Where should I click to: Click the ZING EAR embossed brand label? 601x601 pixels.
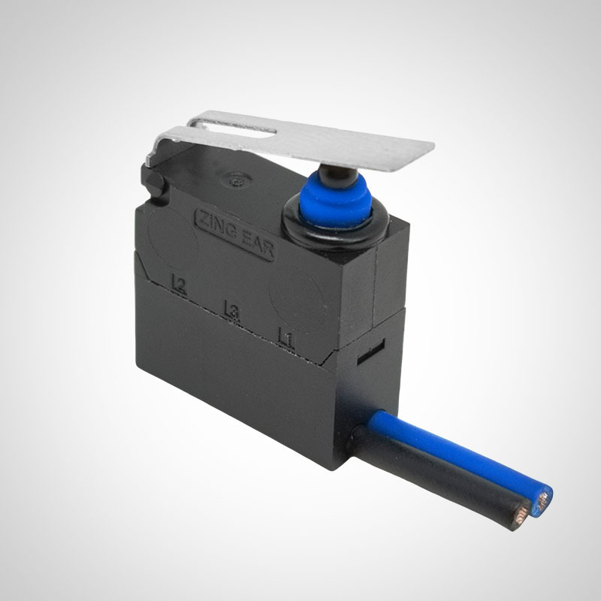(x=234, y=234)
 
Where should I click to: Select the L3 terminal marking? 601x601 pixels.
(x=231, y=310)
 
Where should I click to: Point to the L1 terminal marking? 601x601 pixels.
(x=286, y=337)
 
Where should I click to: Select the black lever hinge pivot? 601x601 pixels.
(x=153, y=180)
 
